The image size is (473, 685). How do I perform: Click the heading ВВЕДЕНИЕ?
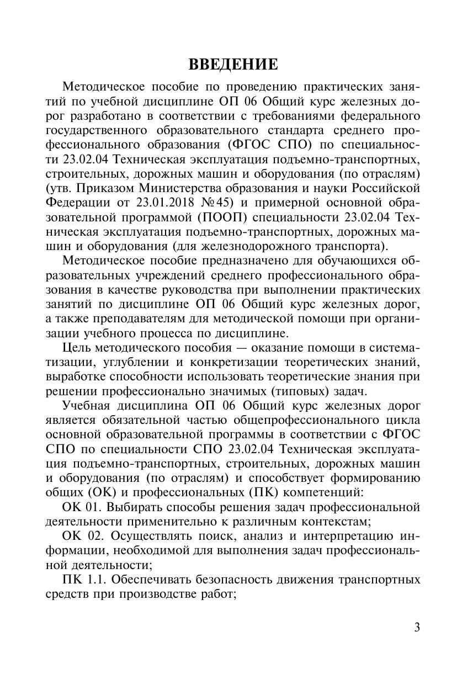(x=233, y=65)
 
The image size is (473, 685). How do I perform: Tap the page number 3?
(x=417, y=628)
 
